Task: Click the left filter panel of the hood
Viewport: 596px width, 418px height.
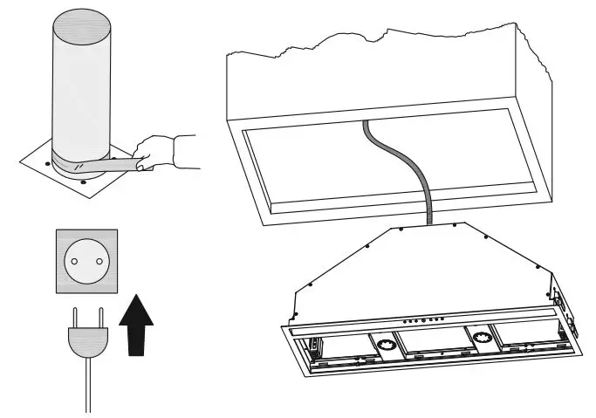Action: click(x=336, y=349)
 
